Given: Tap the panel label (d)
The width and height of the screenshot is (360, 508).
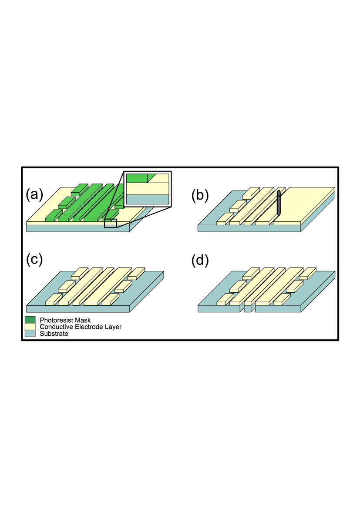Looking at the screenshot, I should click(200, 260).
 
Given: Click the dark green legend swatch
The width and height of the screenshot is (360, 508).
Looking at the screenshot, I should click(30, 320).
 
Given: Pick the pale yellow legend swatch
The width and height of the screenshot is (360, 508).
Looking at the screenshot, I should click(30, 327).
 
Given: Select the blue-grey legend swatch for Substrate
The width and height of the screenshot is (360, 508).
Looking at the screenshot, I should click(30, 334).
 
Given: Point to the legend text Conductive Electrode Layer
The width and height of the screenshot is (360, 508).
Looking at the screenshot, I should click(81, 327).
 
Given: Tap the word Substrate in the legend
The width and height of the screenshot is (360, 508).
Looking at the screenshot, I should click(54, 334).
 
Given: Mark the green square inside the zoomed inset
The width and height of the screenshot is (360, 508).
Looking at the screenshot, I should click(137, 178).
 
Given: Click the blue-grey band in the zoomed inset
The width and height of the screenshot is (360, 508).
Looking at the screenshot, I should click(147, 199).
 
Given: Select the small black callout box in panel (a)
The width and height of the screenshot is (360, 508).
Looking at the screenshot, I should click(111, 223).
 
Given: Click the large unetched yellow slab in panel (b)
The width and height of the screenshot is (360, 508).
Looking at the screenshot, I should click(305, 204).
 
